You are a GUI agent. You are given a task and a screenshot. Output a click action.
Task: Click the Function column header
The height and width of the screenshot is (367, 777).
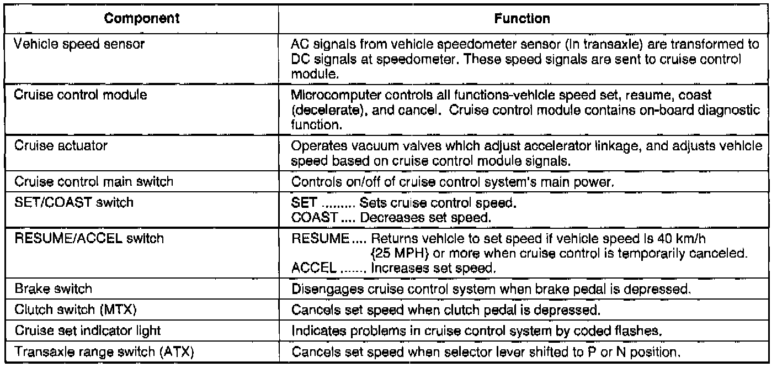point(530,19)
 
